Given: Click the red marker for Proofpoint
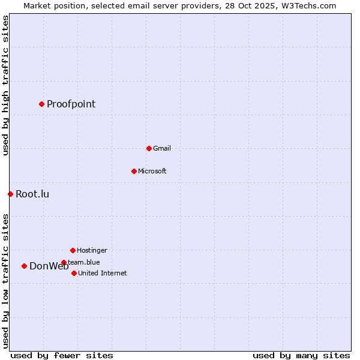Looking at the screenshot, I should (x=41, y=104).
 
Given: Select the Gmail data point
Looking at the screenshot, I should (x=149, y=148).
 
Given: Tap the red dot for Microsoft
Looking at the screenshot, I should (x=134, y=171).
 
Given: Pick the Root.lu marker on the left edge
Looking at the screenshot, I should (x=10, y=194).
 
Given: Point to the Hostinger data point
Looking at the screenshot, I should (x=73, y=250).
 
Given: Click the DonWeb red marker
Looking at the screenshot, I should (x=24, y=266).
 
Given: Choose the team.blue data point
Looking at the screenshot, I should (x=64, y=262).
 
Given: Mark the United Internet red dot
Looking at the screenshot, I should (x=74, y=273).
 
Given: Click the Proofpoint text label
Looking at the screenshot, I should (x=71, y=104).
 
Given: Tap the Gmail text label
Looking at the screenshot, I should (x=162, y=148).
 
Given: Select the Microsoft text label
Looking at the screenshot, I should (x=152, y=171).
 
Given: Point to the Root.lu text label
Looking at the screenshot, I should (x=32, y=194).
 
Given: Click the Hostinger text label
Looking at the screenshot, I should (x=92, y=250).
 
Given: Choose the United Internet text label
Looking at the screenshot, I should (x=103, y=273).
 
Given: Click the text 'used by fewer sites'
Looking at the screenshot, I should (x=62, y=355).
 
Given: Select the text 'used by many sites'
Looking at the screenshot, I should (x=301, y=355).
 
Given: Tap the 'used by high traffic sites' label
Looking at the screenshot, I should (x=5, y=85).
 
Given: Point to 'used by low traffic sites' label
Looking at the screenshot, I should (x=5, y=281).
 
